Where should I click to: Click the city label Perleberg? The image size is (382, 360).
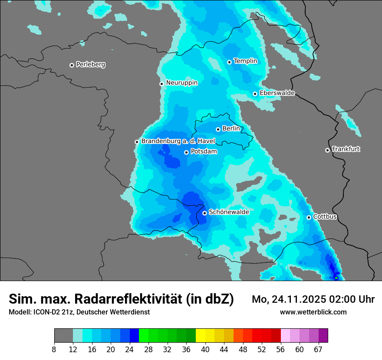coord(90,65)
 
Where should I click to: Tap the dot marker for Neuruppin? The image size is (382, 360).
coord(161,84)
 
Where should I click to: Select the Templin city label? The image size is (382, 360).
coord(245,61)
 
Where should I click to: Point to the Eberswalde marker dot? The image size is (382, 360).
coord(255,94)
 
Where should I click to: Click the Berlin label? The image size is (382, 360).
coord(231,128)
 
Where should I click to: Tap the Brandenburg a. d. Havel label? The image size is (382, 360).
coord(178,141)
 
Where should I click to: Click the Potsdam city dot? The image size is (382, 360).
coord(186,152)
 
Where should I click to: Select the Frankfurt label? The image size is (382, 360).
coord(346,149)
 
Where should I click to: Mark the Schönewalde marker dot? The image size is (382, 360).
coord(204,213)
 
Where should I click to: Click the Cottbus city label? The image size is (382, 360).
coord(325,216)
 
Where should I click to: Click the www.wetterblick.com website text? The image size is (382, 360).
coord(313,312)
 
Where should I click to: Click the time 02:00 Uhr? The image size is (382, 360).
coord(355,299)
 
